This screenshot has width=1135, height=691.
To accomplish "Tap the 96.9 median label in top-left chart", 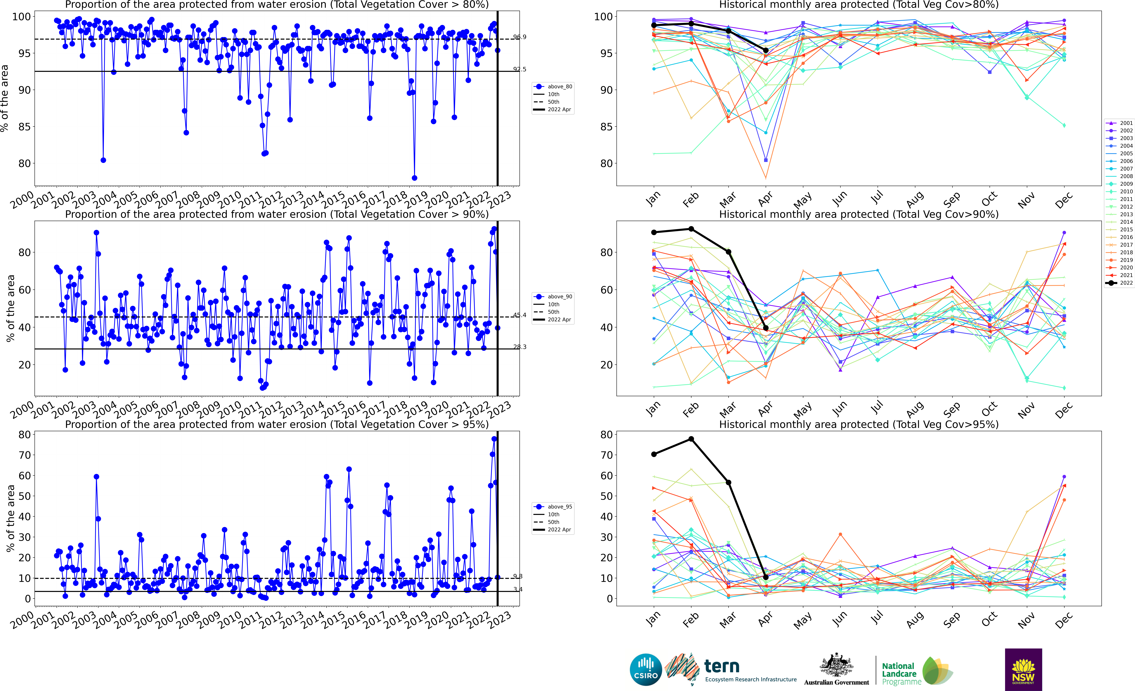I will click(x=520, y=37).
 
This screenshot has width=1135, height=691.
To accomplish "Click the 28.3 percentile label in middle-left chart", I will click(x=520, y=347).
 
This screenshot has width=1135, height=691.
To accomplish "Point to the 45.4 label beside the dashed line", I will click(x=520, y=315).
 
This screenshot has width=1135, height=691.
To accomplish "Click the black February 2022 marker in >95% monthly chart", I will click(x=691, y=439).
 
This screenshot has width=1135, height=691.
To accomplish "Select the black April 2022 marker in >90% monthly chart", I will click(x=766, y=328).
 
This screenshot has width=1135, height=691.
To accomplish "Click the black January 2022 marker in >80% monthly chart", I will click(x=654, y=25).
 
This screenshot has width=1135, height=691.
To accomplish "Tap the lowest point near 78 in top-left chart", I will click(x=414, y=178).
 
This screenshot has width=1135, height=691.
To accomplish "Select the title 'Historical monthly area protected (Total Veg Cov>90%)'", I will click(x=859, y=214).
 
